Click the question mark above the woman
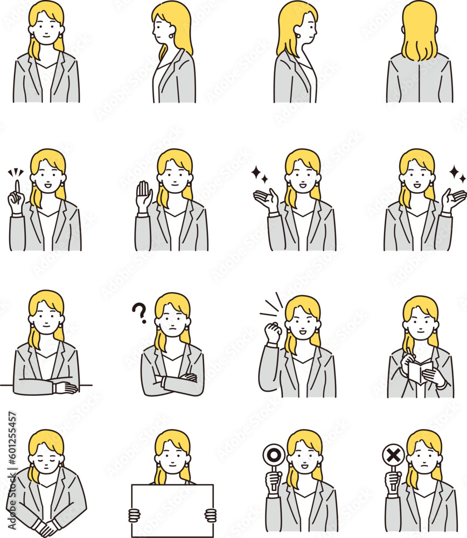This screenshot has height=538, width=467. (140, 312)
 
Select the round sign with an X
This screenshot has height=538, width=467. (393, 456)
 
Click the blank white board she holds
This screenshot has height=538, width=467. (172, 510)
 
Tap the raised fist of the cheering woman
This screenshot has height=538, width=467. (273, 332)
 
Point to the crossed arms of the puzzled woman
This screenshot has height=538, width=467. (173, 383)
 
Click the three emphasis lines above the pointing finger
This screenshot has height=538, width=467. (16, 173)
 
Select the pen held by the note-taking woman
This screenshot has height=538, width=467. (409, 353)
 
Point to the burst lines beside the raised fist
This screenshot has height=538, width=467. (272, 307)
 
